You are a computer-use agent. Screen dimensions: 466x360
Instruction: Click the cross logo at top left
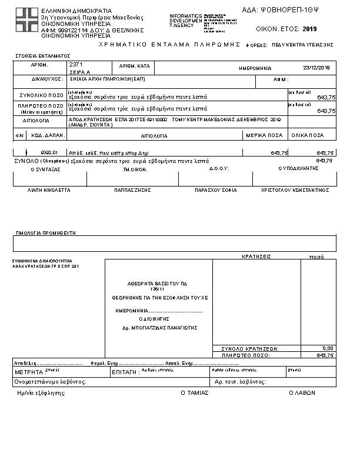tap(26, 20)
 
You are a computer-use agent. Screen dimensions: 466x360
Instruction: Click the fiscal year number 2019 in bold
tap(309, 28)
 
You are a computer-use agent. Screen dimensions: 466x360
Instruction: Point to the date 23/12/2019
tap(317, 68)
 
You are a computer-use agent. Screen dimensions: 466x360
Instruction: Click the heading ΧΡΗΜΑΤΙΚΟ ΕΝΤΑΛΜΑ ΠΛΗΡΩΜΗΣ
tap(171, 45)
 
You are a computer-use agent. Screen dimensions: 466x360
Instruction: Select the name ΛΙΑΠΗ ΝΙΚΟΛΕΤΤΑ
tap(49, 191)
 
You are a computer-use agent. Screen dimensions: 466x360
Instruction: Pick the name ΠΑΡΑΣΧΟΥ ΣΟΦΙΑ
tap(216, 191)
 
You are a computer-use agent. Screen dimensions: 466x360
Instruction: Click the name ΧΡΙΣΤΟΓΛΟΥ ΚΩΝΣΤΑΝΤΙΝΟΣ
tap(294, 191)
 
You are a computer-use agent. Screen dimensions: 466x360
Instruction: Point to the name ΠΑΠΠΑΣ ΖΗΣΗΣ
tap(133, 191)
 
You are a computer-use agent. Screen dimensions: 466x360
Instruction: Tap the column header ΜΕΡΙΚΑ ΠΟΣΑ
tap(266, 135)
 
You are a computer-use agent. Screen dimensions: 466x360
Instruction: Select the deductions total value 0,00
tap(328, 348)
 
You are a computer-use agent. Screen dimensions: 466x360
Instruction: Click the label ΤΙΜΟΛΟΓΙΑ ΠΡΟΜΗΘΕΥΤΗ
tap(46, 233)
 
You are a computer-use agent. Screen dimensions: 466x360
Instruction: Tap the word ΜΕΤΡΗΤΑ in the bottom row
tap(28, 372)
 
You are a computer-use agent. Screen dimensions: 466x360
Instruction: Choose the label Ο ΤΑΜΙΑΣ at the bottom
tap(194, 392)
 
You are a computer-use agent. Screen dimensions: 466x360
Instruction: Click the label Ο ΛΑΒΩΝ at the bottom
tap(302, 392)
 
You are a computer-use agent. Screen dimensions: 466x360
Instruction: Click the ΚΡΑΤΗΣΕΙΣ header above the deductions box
tap(256, 257)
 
